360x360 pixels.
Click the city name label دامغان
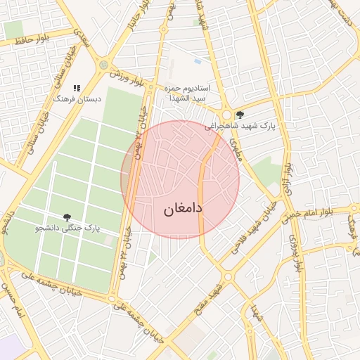(x=183, y=209)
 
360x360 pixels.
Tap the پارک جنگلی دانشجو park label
(x=68, y=229)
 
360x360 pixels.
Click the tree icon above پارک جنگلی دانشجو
(x=67, y=217)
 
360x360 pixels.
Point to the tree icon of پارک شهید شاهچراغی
(x=240, y=115)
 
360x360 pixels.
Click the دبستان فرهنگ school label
(x=77, y=99)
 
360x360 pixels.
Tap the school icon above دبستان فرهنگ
(x=77, y=88)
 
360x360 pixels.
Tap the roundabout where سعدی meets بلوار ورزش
(x=105, y=65)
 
